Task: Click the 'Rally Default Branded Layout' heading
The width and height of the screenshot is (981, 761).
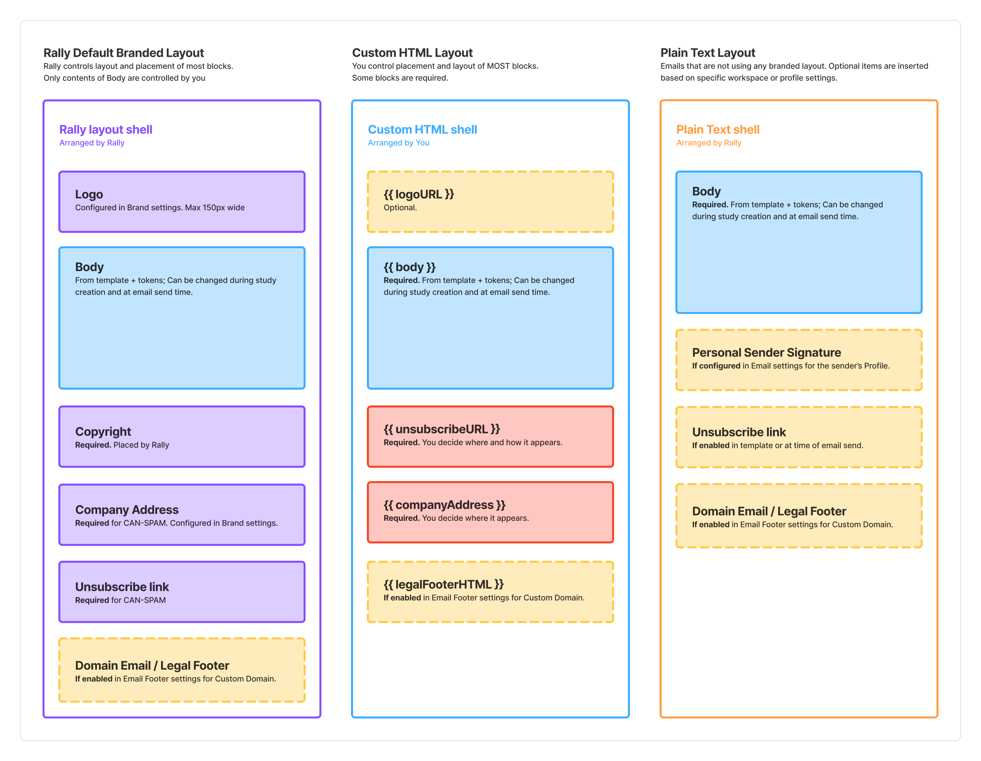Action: [124, 53]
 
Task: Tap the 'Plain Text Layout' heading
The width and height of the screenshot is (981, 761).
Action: [708, 53]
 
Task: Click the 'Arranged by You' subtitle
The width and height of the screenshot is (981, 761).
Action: [399, 143]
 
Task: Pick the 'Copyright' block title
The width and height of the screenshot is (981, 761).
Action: [103, 432]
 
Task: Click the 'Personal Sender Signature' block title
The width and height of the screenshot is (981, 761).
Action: [766, 352]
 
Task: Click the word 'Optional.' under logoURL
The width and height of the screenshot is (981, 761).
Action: [400, 207]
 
